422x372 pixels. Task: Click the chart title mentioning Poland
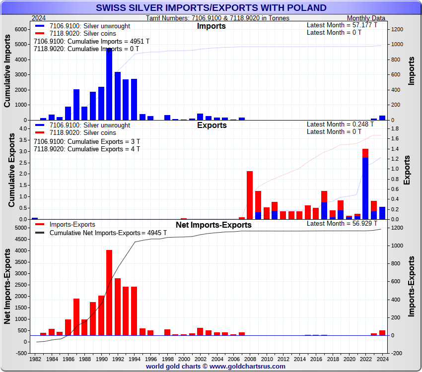pyautogui.click(x=211, y=8)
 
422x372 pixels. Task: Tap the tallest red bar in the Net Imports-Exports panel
pyautogui.click(x=109, y=293)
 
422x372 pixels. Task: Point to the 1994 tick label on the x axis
pyautogui.click(x=134, y=359)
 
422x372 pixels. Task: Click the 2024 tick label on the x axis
pyautogui.click(x=382, y=359)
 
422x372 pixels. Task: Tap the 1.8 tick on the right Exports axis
pyautogui.click(x=393, y=128)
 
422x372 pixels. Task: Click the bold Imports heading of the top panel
pyautogui.click(x=211, y=26)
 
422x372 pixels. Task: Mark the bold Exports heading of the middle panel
pyautogui.click(x=211, y=125)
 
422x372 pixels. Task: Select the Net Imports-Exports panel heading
pyautogui.click(x=213, y=225)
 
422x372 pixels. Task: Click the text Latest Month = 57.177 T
pyautogui.click(x=342, y=25)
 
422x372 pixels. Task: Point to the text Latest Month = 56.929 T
pyautogui.click(x=342, y=223)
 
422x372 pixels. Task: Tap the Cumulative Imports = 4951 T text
pyautogui.click(x=91, y=41)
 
